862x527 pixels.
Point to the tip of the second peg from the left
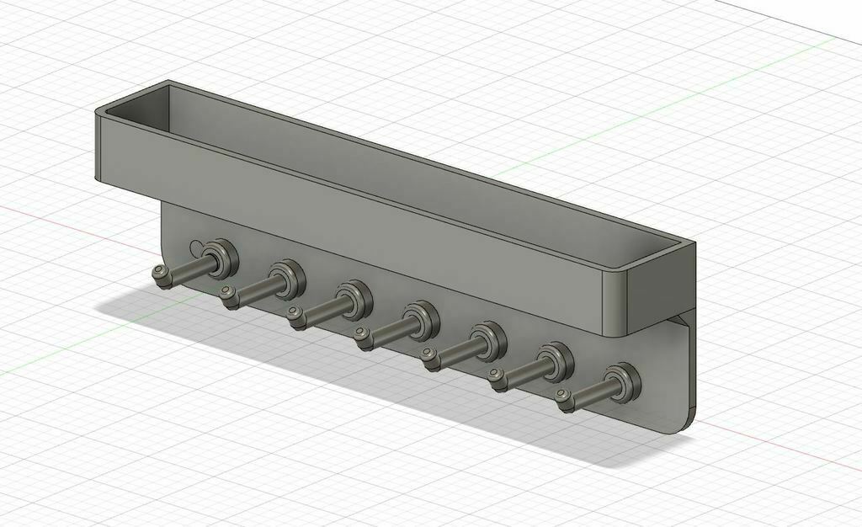tap(227, 295)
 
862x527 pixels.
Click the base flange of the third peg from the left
tap(353, 298)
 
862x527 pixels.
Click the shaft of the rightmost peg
tap(593, 391)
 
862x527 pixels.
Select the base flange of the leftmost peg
tap(221, 257)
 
